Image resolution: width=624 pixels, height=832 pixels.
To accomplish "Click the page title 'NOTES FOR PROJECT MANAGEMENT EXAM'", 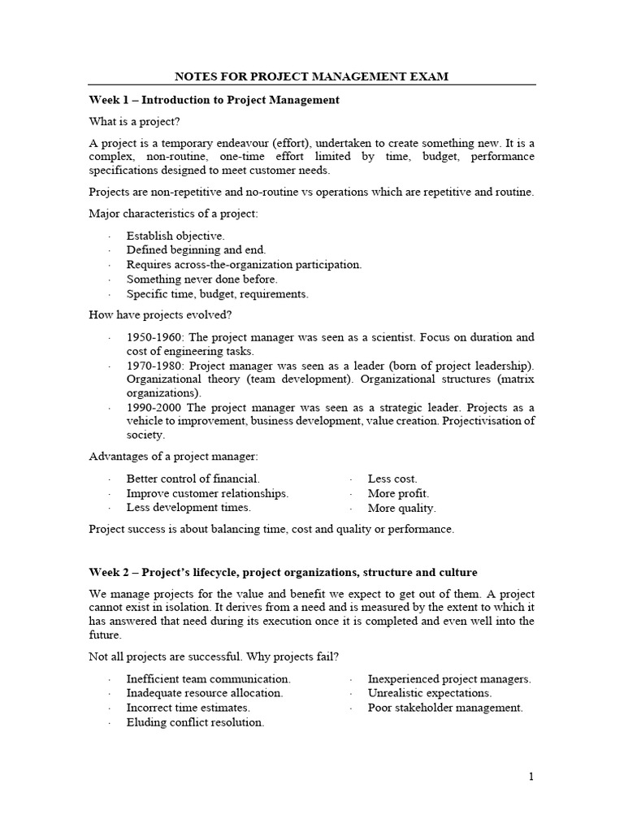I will click(312, 77).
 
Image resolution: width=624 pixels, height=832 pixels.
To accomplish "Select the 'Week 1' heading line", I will click(214, 100).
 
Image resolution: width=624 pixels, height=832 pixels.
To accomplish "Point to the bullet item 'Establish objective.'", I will click(175, 236).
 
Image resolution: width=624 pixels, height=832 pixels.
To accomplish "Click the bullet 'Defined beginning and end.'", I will click(196, 250).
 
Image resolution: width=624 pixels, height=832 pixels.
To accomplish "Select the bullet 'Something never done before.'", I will click(201, 279).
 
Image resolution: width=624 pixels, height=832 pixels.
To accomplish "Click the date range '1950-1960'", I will click(152, 337).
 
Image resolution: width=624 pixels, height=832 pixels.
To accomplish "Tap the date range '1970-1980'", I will click(152, 366).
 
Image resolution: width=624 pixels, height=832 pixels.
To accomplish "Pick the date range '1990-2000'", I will click(152, 407).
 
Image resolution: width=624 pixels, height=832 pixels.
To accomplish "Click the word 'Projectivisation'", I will click(486, 421).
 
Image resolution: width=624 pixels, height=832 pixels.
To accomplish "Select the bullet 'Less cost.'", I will click(392, 479).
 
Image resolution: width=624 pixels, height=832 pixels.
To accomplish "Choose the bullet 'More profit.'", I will click(398, 493).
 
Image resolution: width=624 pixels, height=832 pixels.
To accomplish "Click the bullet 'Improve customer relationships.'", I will click(207, 493).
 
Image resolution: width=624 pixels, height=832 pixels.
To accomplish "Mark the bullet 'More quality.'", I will click(401, 508).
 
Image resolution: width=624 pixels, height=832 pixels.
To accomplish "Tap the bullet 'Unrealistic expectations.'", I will click(429, 693).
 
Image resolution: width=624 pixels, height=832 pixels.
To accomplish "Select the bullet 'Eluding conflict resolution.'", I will click(195, 722).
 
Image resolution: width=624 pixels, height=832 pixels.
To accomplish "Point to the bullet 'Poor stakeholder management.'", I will click(445, 708).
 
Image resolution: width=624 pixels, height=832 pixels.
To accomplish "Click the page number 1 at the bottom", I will click(531, 777).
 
